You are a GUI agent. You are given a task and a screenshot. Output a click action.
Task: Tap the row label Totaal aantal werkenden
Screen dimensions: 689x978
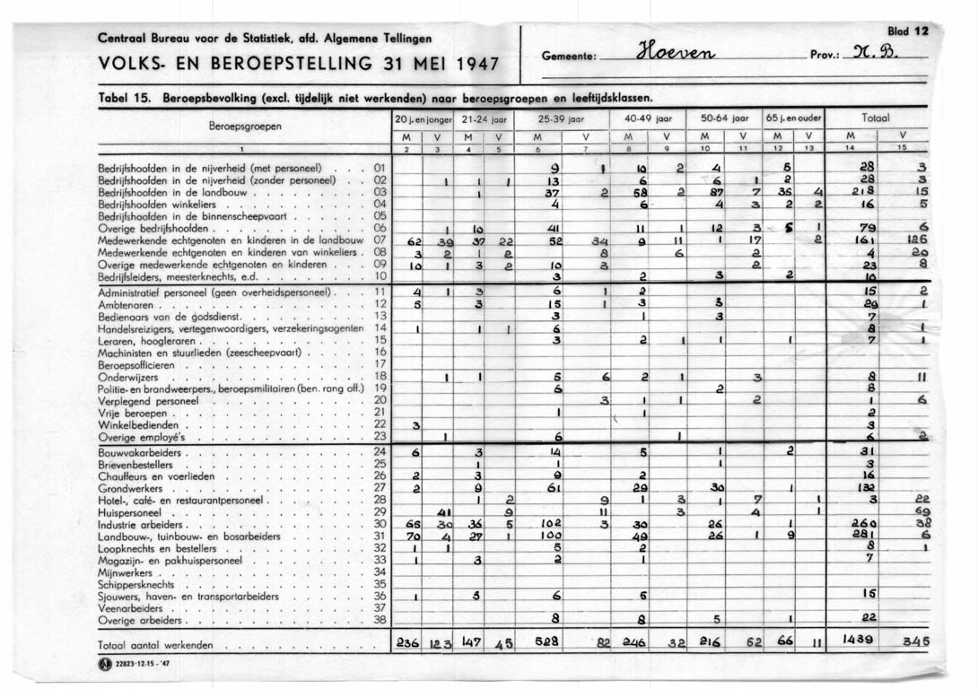click(x=156, y=645)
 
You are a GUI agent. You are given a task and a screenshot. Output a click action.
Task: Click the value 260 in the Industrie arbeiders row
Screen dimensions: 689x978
click(x=863, y=524)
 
